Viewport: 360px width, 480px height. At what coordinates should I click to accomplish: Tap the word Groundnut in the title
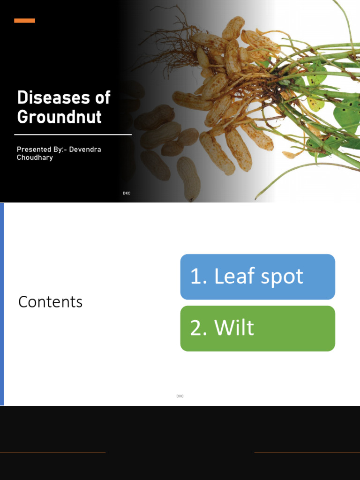[x=59, y=117]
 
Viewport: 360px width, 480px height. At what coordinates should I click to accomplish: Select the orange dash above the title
[x=24, y=21]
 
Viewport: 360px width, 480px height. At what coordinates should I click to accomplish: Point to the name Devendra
[x=85, y=150]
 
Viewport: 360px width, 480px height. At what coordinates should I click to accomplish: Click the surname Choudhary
[x=35, y=157]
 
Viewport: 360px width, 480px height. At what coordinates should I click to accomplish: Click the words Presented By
[x=38, y=150]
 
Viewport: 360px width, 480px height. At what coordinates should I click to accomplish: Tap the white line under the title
[x=73, y=135]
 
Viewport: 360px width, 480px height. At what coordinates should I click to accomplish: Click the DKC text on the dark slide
[x=127, y=193]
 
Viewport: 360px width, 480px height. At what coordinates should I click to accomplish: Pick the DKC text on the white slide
[x=180, y=396]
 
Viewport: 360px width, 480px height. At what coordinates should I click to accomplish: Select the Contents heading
[x=50, y=302]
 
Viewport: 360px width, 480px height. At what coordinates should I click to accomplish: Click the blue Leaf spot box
[x=257, y=277]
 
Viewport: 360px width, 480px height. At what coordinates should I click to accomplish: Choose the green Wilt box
[x=257, y=328]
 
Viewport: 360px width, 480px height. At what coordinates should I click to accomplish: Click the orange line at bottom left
[x=52, y=452]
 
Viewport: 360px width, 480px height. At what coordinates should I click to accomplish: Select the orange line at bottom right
[x=307, y=452]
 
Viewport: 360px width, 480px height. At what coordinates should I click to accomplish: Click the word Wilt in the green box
[x=234, y=328]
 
